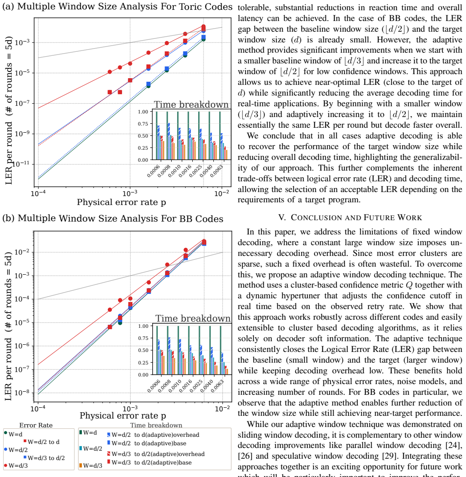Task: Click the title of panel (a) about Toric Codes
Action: pos(117,7)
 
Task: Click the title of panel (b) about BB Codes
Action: pos(113,218)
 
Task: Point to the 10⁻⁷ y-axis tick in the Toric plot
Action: pos(22,103)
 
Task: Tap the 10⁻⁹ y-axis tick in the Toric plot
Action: pos(22,134)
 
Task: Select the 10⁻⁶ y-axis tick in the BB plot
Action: pos(22,346)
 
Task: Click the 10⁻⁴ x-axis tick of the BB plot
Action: pos(38,408)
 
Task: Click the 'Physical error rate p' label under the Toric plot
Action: pos(121,202)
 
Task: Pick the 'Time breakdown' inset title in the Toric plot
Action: pos(191,105)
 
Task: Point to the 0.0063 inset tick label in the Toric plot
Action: pos(216,171)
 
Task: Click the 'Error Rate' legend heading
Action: pos(36,425)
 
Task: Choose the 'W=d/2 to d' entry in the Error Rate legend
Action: pos(42,442)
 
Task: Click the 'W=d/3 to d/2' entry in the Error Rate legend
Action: pos(44,458)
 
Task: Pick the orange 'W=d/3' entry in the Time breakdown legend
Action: pos(90,465)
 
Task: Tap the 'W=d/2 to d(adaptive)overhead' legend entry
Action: pos(153,435)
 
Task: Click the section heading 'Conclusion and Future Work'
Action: pos(350,218)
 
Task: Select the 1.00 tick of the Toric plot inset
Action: pos(143,112)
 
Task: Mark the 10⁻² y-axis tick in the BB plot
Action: pos(22,252)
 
